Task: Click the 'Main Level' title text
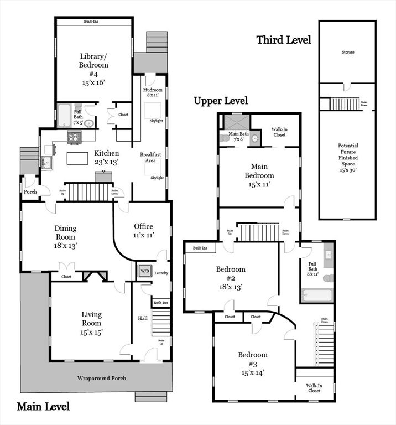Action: coord(43,407)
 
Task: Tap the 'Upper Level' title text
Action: coord(220,101)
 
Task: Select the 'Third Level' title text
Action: coord(283,40)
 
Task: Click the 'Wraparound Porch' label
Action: coord(101,378)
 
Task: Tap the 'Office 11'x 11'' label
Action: coord(143,230)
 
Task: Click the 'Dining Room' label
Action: coord(65,236)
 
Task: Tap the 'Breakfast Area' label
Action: coord(150,158)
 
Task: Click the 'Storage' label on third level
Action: coord(347,53)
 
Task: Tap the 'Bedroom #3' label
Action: coord(253,363)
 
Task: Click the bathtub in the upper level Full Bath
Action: coord(317,295)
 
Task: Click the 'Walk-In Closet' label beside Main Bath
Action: coord(279,132)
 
